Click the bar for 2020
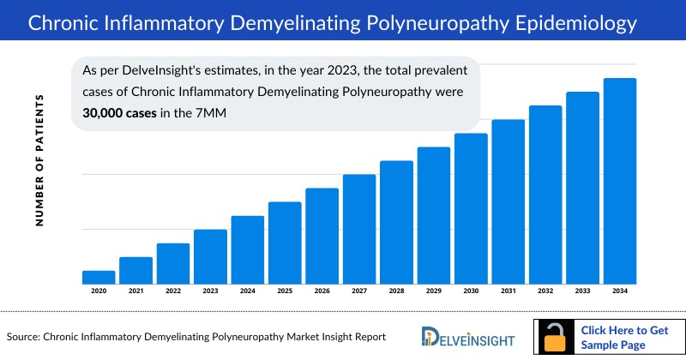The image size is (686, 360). (99, 277)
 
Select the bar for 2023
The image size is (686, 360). (210, 256)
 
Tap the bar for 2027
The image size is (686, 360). (359, 229)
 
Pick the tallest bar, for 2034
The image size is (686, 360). (620, 181)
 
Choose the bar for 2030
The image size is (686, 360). (471, 208)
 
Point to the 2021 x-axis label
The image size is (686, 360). (135, 291)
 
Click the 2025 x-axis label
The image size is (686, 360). (285, 291)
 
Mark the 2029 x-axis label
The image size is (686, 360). (434, 291)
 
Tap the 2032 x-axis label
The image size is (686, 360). (545, 291)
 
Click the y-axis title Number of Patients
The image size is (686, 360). (39, 161)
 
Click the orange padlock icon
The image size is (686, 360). (557, 337)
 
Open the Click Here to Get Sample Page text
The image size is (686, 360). (625, 337)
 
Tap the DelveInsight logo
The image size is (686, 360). (464, 336)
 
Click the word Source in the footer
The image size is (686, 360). (23, 337)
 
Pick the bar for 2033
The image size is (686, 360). (582, 188)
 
